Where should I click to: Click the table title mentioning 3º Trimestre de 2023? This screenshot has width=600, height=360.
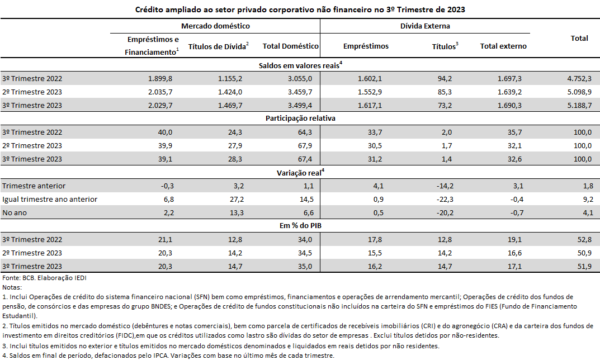click(300, 10)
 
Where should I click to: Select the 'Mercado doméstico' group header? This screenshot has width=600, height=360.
click(215, 26)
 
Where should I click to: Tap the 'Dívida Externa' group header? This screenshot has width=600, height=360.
click(425, 26)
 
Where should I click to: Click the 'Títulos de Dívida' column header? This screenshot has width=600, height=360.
click(219, 46)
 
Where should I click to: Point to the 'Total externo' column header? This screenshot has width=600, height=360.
click(503, 46)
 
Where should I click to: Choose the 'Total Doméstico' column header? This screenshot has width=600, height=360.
click(290, 46)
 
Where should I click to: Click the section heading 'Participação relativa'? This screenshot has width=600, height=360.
click(300, 118)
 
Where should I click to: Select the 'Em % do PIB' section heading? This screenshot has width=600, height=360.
click(300, 226)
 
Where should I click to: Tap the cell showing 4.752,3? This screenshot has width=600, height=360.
click(579, 78)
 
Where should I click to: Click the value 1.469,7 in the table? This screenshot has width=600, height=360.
click(230, 105)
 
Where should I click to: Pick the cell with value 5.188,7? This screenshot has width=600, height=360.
click(579, 105)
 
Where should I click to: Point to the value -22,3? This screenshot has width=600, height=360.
click(445, 200)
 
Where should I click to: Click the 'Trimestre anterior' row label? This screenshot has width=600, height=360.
click(34, 186)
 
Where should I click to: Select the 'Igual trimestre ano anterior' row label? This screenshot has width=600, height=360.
click(50, 200)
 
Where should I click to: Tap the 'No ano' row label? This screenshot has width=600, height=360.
click(15, 213)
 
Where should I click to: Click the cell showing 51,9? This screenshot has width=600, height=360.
click(585, 266)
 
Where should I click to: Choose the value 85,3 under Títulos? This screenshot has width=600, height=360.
click(445, 92)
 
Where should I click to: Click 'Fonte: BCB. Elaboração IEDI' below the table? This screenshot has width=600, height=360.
click(44, 278)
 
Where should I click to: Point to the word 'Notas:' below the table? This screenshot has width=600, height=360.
click(12, 287)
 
